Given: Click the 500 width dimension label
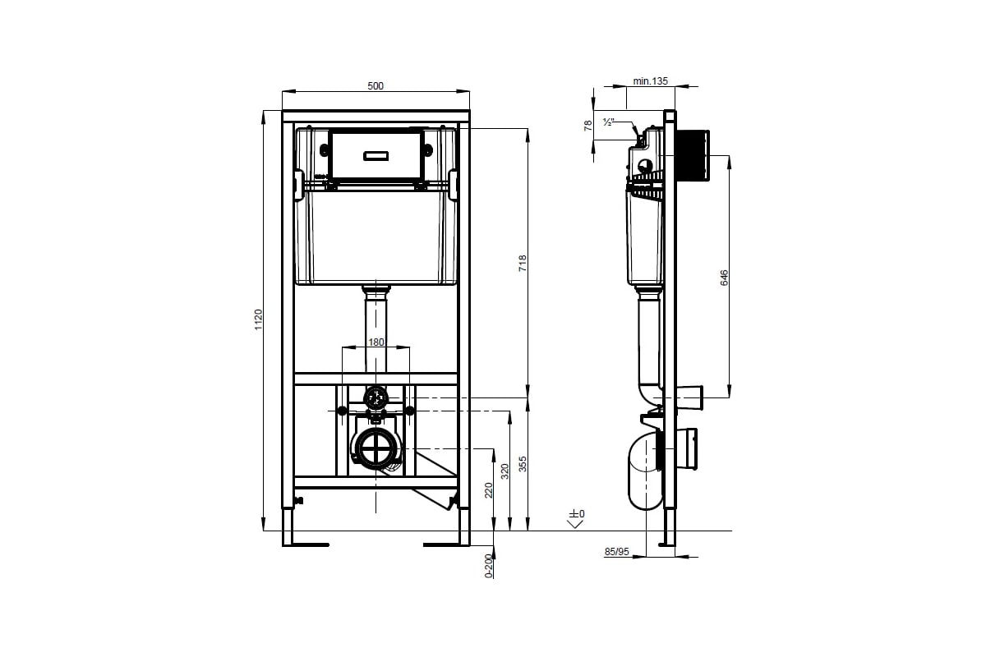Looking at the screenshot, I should [x=375, y=85].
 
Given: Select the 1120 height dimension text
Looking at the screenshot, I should [x=258, y=319].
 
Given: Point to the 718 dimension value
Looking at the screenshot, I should [x=522, y=264].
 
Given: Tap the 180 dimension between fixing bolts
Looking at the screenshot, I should [x=375, y=342].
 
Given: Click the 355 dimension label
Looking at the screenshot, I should [x=523, y=464].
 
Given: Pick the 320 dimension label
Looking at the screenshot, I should [x=505, y=471].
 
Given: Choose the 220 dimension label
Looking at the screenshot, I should [x=488, y=490].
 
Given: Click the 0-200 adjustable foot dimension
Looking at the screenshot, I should [x=488, y=566].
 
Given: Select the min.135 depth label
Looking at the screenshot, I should [x=651, y=80].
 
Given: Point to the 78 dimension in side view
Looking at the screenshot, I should [x=587, y=125].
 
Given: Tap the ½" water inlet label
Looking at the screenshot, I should [x=609, y=122].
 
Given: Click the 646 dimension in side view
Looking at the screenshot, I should [x=724, y=278].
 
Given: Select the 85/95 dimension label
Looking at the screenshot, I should [x=616, y=553].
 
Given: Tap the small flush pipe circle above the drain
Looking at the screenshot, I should [x=376, y=399].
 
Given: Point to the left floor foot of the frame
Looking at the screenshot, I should [x=306, y=543].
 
